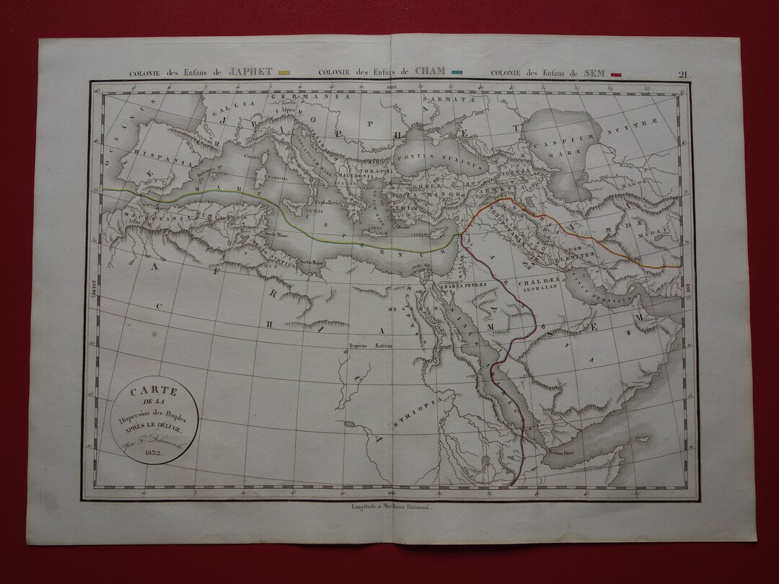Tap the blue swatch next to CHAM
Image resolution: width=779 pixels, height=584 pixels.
point(456,73)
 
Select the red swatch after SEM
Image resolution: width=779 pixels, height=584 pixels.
point(616,74)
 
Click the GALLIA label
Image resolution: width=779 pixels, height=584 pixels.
point(214,112)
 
